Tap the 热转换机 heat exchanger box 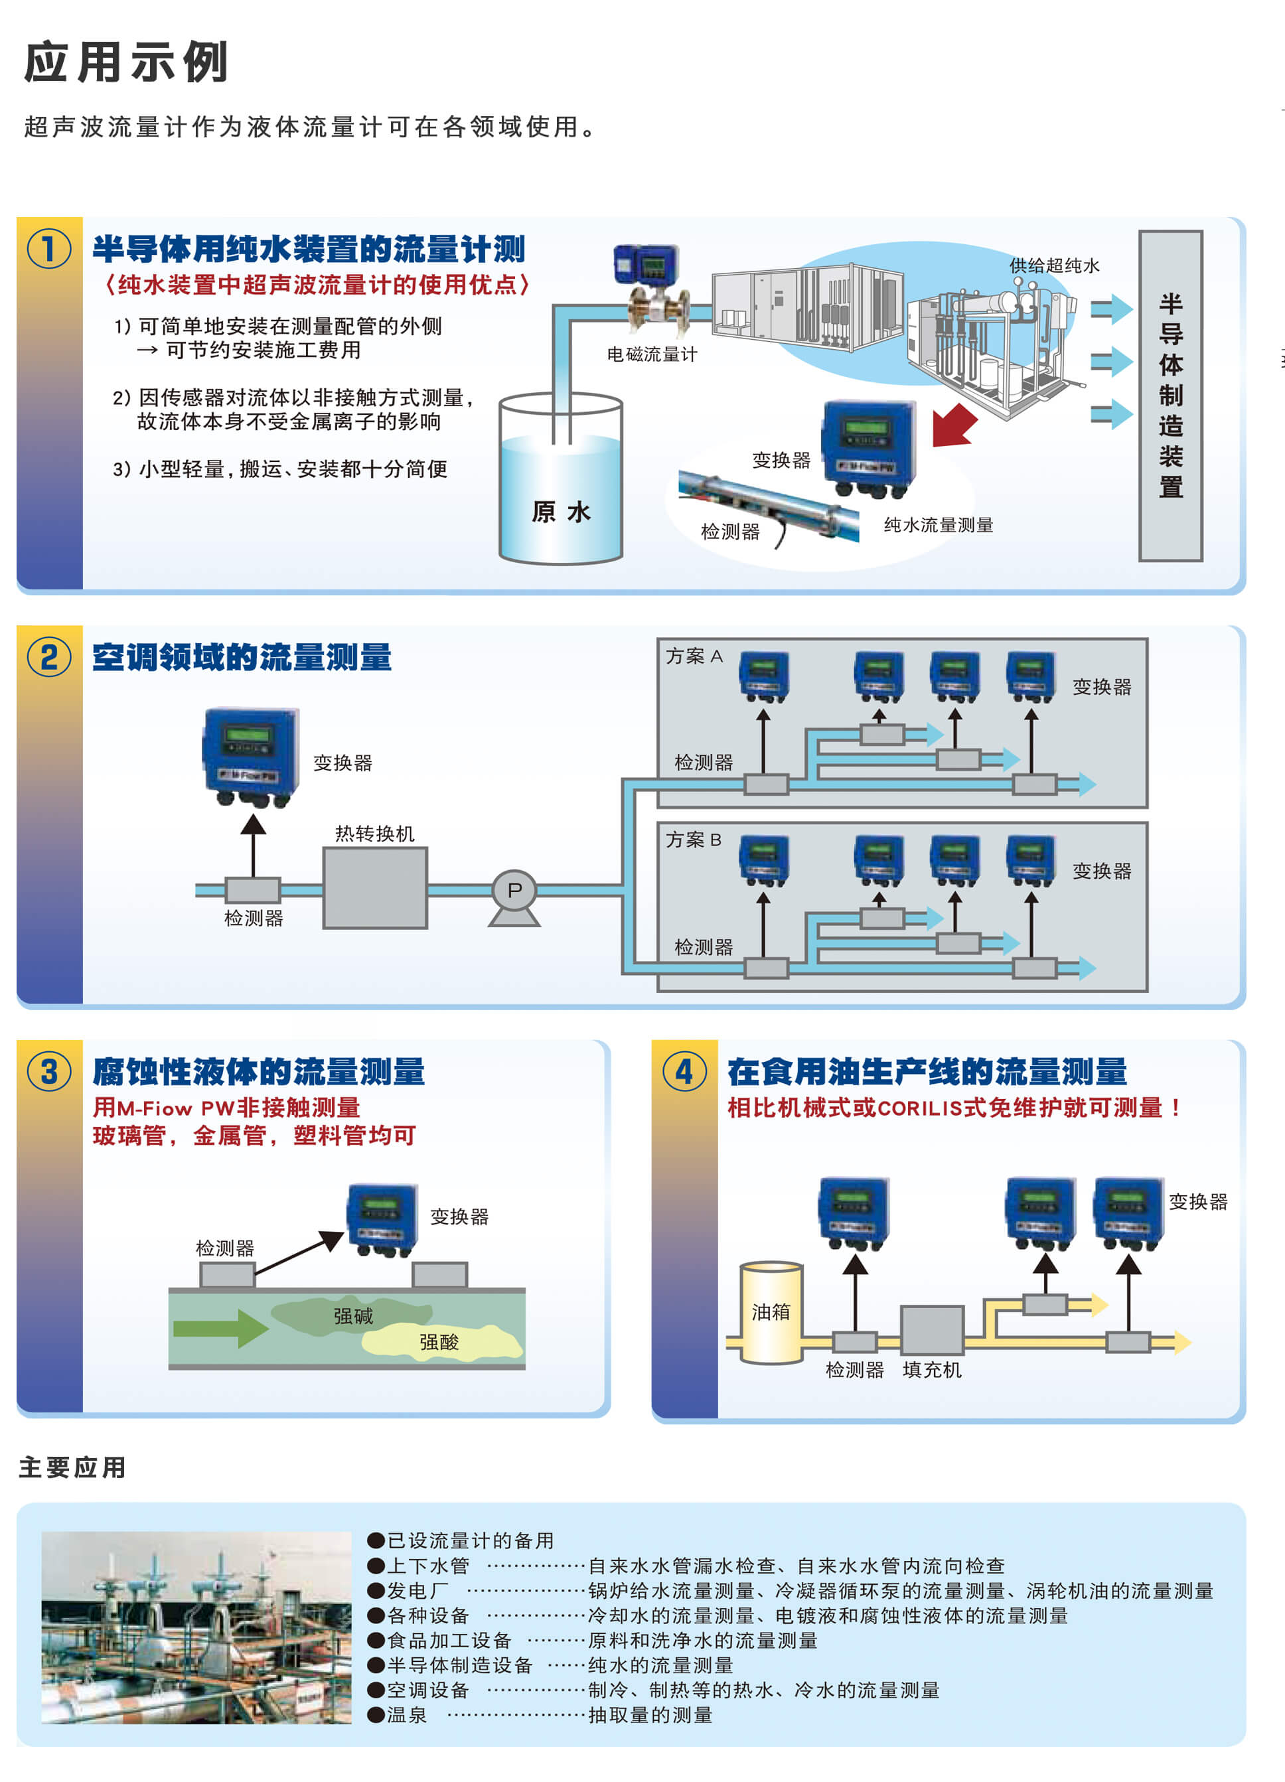[x=375, y=888]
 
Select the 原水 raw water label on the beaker [x=560, y=512]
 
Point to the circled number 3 [x=48, y=1072]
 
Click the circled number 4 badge [x=684, y=1072]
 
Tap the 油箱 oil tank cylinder [x=771, y=1312]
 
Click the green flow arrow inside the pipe [x=220, y=1329]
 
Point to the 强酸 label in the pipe [x=439, y=1342]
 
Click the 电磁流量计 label [x=652, y=354]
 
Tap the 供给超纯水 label [x=1054, y=265]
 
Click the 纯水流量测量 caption [x=939, y=525]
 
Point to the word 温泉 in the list [x=406, y=1714]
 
